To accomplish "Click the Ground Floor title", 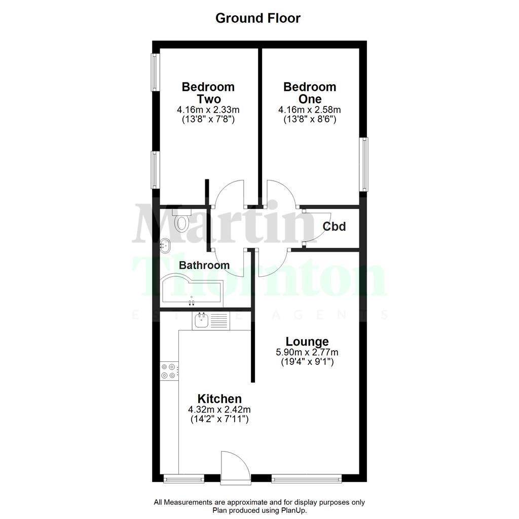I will pos(258,19).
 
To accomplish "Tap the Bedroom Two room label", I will pos(208,93).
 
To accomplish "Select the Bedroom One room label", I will pos(309,93).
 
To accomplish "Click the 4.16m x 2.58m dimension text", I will pos(309,109).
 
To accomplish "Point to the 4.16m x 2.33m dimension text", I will pos(208,109).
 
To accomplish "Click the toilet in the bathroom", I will pos(180,219).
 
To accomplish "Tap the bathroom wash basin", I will pos(166,246).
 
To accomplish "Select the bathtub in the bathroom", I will pos(191,291).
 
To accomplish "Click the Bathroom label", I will pos(204,265).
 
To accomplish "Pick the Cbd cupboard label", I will pos(335,227).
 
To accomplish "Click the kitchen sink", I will pos(202,320).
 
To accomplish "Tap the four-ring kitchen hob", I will pos(169,370).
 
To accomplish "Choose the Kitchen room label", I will pos(219,399).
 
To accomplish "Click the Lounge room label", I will pos(307,342).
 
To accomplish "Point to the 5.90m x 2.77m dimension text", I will pos(307,352).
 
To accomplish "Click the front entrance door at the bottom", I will pos(234,467).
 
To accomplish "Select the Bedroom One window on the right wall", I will pos(364,164).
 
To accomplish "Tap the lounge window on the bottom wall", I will pos(307,477).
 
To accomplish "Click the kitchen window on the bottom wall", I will pos(183,477).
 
